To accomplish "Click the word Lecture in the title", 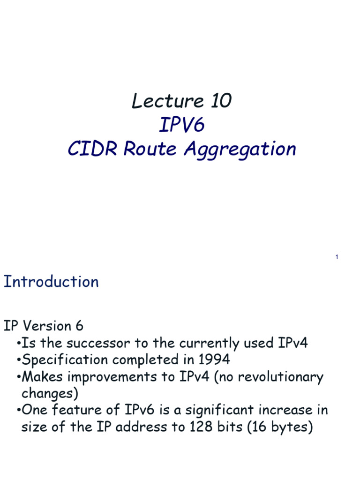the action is click(x=167, y=101).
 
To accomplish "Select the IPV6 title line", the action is click(x=182, y=125).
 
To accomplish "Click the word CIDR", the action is click(x=92, y=149).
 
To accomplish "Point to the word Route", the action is click(x=150, y=149).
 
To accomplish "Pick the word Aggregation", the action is click(x=240, y=150).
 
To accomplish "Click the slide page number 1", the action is click(x=337, y=257).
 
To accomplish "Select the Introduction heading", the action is click(x=51, y=281).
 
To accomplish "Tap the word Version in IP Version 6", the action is click(x=47, y=326).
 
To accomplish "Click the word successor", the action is click(x=98, y=343).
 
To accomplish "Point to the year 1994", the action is click(x=214, y=360).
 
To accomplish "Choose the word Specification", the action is click(x=65, y=360).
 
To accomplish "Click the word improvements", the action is click(x=112, y=377).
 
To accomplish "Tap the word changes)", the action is click(x=50, y=394).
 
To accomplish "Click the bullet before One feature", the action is click(x=19, y=410).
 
